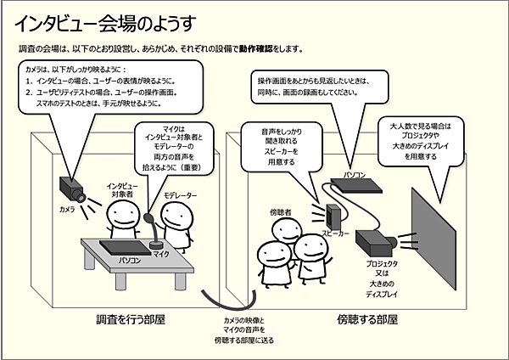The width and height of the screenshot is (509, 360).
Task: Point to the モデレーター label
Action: point(180,195)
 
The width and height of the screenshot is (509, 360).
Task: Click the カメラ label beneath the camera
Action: point(67,208)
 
